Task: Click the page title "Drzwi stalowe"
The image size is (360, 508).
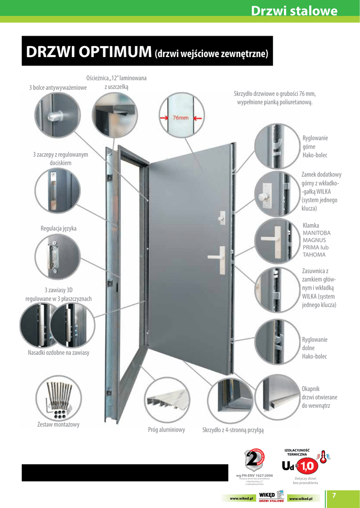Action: pyautogui.click(x=293, y=11)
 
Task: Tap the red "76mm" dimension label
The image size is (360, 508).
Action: pyautogui.click(x=180, y=119)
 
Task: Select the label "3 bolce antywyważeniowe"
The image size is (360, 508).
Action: pyautogui.click(x=58, y=88)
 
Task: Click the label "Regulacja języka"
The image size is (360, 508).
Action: pyautogui.click(x=58, y=229)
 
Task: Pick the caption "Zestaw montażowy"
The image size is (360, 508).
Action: pyautogui.click(x=58, y=425)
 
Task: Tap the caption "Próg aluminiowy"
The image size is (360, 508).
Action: pyautogui.click(x=166, y=430)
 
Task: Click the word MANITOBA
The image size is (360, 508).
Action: pyautogui.click(x=316, y=233)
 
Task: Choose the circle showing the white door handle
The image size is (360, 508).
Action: pyautogui.click(x=276, y=240)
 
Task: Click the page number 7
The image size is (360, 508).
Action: pyautogui.click(x=334, y=496)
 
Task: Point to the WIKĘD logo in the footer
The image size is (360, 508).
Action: pyautogui.click(x=271, y=496)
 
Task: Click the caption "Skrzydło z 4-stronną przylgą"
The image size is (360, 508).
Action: pyautogui.click(x=233, y=430)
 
